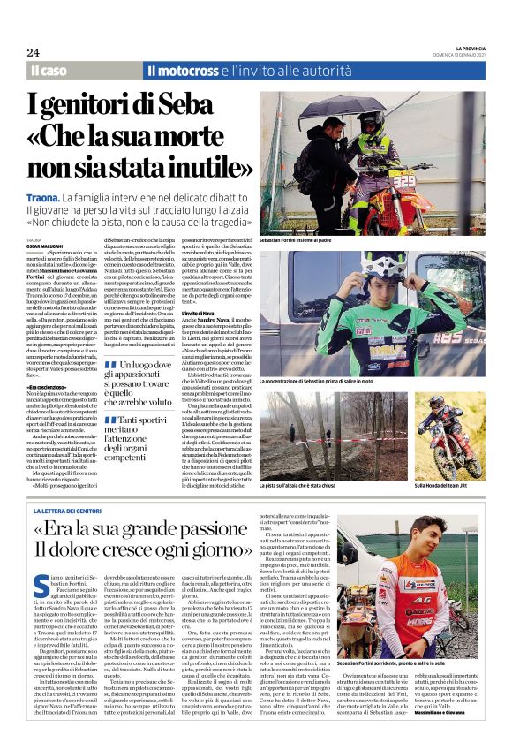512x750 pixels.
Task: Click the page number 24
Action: pos(35,52)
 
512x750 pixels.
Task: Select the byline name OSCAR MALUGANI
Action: pos(51,244)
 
